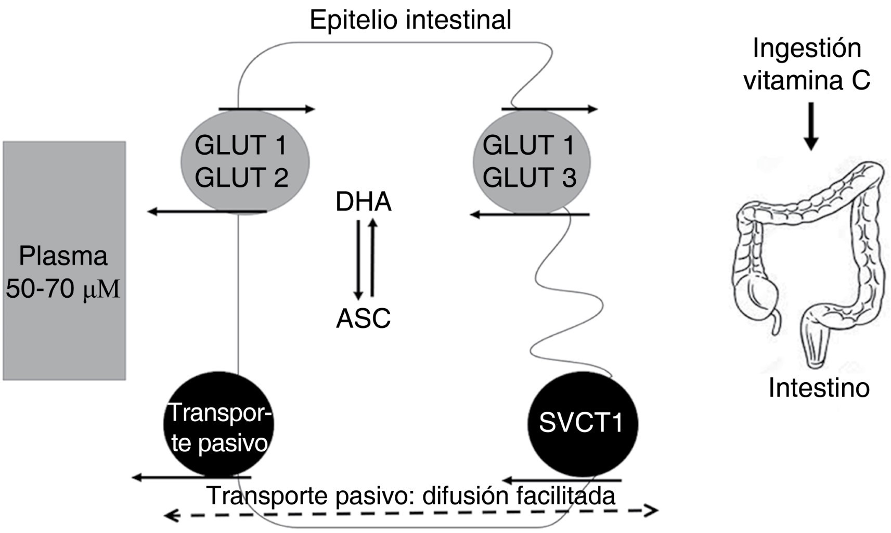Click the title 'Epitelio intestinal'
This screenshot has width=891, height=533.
click(x=410, y=20)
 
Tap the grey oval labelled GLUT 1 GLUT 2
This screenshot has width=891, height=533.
click(x=244, y=161)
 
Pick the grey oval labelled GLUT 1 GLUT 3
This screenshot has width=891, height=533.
click(x=531, y=161)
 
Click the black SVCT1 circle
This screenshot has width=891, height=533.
click(x=583, y=423)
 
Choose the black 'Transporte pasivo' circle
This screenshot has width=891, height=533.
click(x=218, y=424)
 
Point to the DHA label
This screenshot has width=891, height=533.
click(x=363, y=202)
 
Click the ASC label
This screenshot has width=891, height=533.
click(x=363, y=319)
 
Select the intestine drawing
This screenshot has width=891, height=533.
click(x=809, y=260)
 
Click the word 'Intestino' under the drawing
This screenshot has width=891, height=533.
click(x=819, y=388)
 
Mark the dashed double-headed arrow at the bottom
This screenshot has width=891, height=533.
click(x=411, y=513)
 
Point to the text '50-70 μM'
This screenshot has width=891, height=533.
click(x=63, y=289)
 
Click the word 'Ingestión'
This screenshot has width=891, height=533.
click(x=807, y=48)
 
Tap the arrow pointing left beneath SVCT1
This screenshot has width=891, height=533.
click(x=562, y=480)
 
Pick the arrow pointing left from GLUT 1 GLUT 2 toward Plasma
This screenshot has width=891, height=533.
click(x=207, y=211)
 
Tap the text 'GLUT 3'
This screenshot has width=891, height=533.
click(x=530, y=177)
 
